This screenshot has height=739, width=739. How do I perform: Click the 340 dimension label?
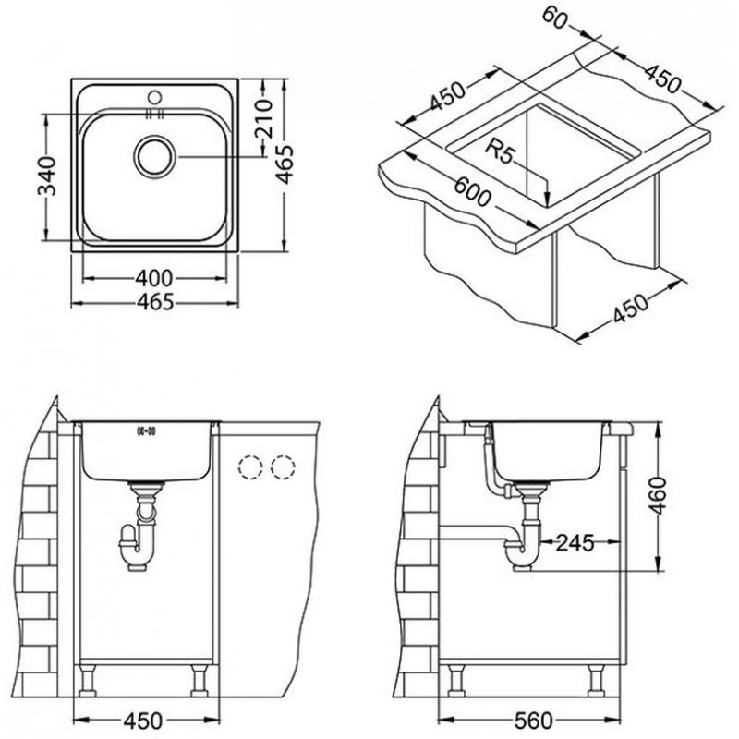point(47,176)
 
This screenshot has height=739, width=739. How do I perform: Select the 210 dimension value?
point(263,117)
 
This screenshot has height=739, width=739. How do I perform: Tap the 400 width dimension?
point(153,278)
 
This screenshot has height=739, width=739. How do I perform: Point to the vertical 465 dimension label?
point(285,164)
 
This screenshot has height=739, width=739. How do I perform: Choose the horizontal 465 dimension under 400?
point(155,302)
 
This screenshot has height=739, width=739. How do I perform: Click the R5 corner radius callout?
point(501,150)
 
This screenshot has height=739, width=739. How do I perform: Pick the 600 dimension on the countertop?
point(472,192)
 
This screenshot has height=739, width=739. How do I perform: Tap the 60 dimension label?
point(553,18)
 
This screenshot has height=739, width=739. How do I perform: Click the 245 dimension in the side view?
point(575,543)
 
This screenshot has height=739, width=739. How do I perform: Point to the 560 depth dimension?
point(533,720)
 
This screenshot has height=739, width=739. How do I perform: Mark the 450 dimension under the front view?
point(143,720)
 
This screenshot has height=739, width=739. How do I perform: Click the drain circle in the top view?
point(154,156)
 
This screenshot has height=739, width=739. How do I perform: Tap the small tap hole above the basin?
point(154,98)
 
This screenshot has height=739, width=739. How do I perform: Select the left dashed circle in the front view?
point(250,467)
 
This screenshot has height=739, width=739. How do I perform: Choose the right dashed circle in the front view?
point(284,467)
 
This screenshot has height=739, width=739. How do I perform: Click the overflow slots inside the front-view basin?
point(146,430)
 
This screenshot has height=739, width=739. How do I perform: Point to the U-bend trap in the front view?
point(138,546)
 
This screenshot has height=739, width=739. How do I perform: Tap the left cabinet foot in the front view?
point(88,681)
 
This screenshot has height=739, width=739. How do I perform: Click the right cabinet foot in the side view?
point(597,681)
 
